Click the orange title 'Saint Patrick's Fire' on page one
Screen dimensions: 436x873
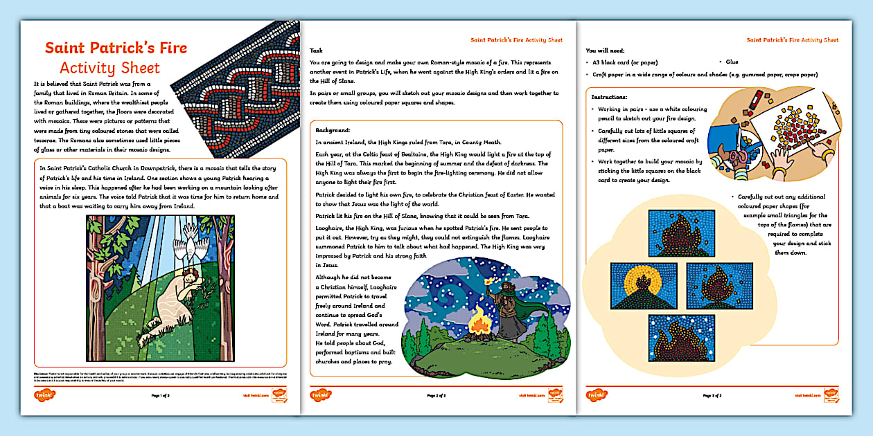point(116,48)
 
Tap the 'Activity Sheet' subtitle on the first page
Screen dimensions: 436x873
point(109,68)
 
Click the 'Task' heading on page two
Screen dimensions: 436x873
point(316,51)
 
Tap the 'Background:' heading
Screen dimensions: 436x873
point(333,130)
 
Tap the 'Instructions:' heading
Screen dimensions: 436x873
point(610,98)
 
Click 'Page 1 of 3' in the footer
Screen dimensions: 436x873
point(164,396)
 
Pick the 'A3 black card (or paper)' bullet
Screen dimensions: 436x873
point(628,62)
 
